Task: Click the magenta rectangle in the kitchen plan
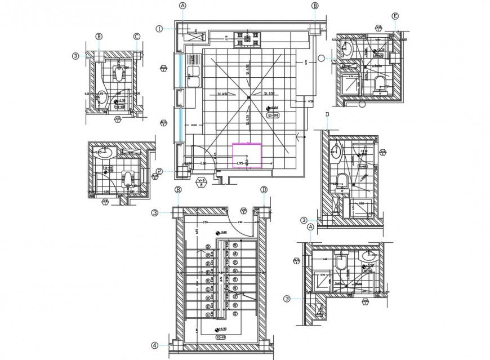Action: [x=247, y=155]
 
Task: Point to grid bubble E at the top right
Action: [x=395, y=16]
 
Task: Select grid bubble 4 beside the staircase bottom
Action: [x=155, y=345]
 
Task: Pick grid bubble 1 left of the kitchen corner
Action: [x=160, y=28]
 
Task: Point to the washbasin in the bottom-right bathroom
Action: [x=369, y=256]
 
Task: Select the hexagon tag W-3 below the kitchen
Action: [x=201, y=181]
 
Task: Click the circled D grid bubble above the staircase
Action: [x=264, y=190]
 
